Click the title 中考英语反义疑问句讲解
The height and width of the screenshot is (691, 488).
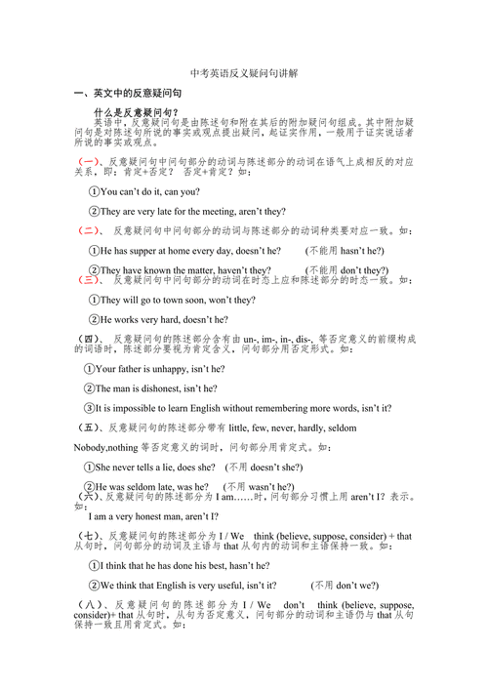[x=245, y=73]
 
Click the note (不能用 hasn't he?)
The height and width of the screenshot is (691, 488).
[x=347, y=251]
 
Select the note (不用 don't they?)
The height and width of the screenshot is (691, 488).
[x=346, y=270]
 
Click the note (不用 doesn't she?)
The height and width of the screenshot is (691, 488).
[x=264, y=467]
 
